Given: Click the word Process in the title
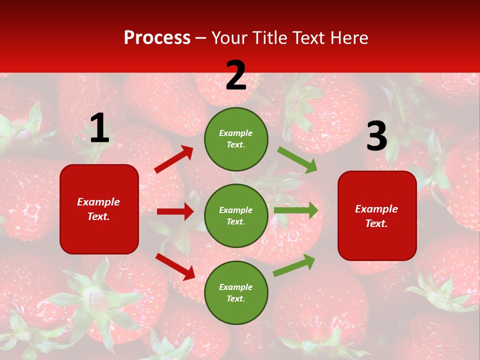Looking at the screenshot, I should coord(157,38).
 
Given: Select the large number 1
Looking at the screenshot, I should coord(99,128).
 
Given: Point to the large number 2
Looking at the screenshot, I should coord(236,75).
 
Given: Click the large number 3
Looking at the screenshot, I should coord(376,136).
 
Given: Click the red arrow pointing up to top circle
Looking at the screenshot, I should coord(174,159).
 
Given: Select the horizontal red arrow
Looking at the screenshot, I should coord(175,211).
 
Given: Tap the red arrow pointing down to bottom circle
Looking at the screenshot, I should coord(175,266).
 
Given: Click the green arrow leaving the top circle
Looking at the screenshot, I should coord(297,160).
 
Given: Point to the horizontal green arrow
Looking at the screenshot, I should coord(296,210).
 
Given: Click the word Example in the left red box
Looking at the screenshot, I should coord(98,202).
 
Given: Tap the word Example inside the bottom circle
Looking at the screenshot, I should coord(236,287).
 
